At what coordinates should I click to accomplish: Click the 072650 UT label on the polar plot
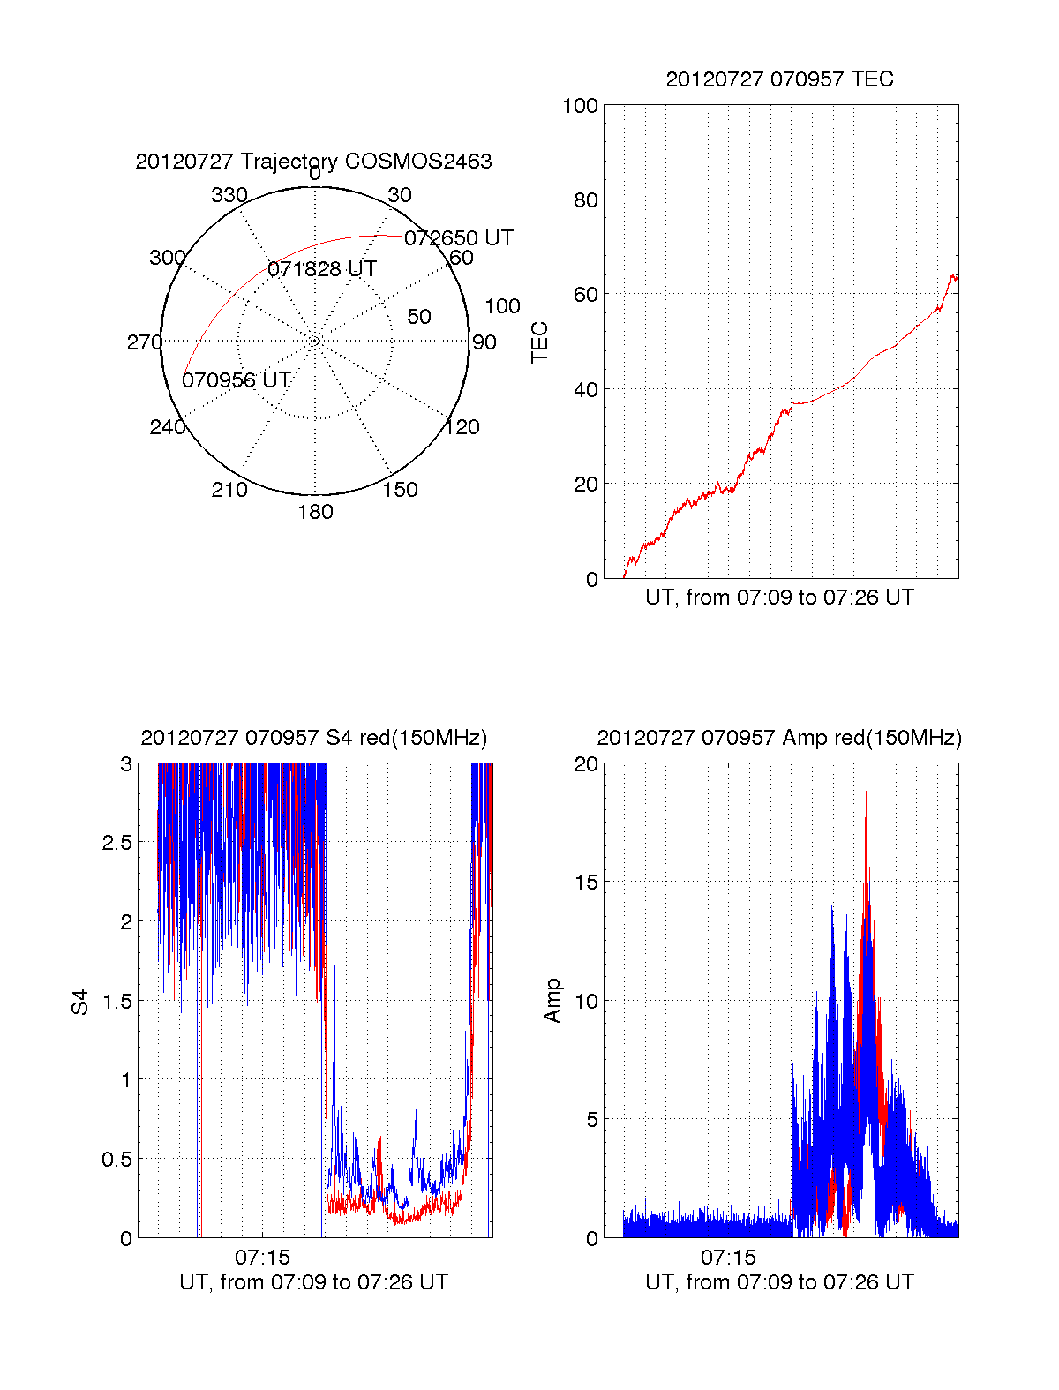(459, 238)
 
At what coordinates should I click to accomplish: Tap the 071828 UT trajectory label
(322, 269)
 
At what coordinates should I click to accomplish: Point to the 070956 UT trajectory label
(237, 380)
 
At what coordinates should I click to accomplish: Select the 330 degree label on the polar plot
(229, 195)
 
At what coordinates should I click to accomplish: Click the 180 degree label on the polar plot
(315, 512)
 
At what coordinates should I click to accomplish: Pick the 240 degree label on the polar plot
(168, 427)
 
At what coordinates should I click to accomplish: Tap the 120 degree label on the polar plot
(462, 427)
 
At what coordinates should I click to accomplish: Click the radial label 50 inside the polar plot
(419, 317)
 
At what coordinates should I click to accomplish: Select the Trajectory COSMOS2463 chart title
(313, 162)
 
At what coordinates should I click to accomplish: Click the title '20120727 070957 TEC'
(779, 79)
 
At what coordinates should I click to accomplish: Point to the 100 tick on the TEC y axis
(580, 106)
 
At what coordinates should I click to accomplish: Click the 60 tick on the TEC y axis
(586, 295)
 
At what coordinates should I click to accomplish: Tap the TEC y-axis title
(539, 342)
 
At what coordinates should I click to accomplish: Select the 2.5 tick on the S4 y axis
(117, 843)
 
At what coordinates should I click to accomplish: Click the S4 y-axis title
(80, 1002)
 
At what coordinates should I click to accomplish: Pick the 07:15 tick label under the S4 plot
(262, 1257)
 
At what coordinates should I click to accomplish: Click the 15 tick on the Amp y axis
(586, 883)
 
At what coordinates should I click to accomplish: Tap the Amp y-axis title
(552, 1001)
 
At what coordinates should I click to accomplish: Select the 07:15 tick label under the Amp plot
(728, 1257)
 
